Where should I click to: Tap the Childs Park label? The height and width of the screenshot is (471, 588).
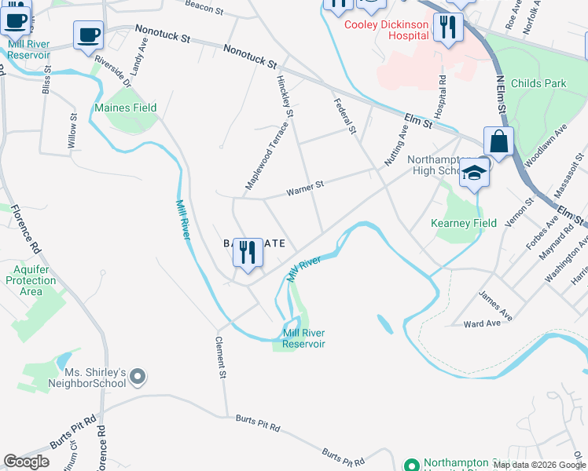click(538, 83)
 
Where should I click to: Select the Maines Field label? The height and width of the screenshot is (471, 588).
click(125, 108)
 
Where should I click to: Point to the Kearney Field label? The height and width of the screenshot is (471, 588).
click(464, 223)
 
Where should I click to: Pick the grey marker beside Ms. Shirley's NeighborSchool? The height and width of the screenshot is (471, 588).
click(138, 378)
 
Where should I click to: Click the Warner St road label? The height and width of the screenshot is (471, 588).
click(305, 188)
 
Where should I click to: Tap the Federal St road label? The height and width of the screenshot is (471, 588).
click(345, 115)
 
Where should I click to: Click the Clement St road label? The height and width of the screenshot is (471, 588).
click(222, 358)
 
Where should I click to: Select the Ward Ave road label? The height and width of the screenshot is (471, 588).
click(482, 323)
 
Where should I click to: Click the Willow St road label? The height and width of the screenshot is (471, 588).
click(73, 131)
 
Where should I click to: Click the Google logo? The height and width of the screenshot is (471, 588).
click(27, 462)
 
